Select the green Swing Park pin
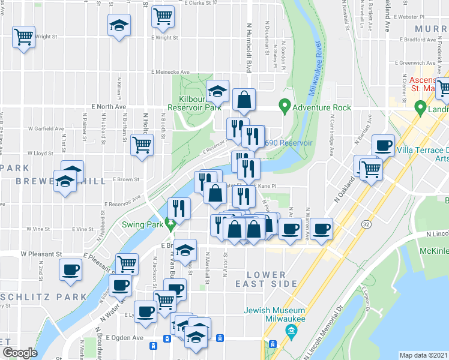[171, 226]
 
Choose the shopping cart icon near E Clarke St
[163, 17]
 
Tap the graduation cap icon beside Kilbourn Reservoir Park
[217, 91]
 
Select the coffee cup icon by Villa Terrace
[383, 145]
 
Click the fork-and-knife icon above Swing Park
[179, 208]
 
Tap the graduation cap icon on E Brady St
[186, 248]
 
